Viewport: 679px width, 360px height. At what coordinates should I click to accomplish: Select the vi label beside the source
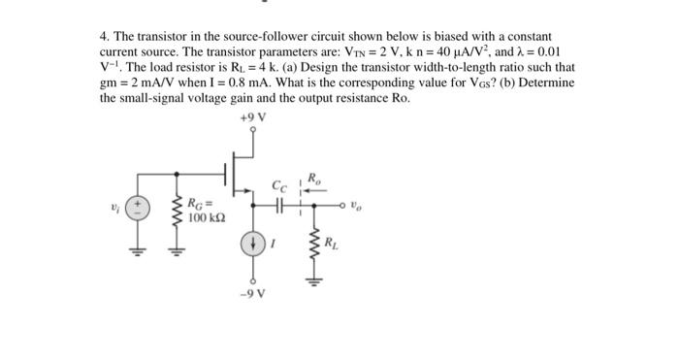[x=116, y=206]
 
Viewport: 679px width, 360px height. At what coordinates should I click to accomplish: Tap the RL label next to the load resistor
[x=334, y=243]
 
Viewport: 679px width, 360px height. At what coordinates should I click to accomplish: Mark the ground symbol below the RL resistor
[x=313, y=281]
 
